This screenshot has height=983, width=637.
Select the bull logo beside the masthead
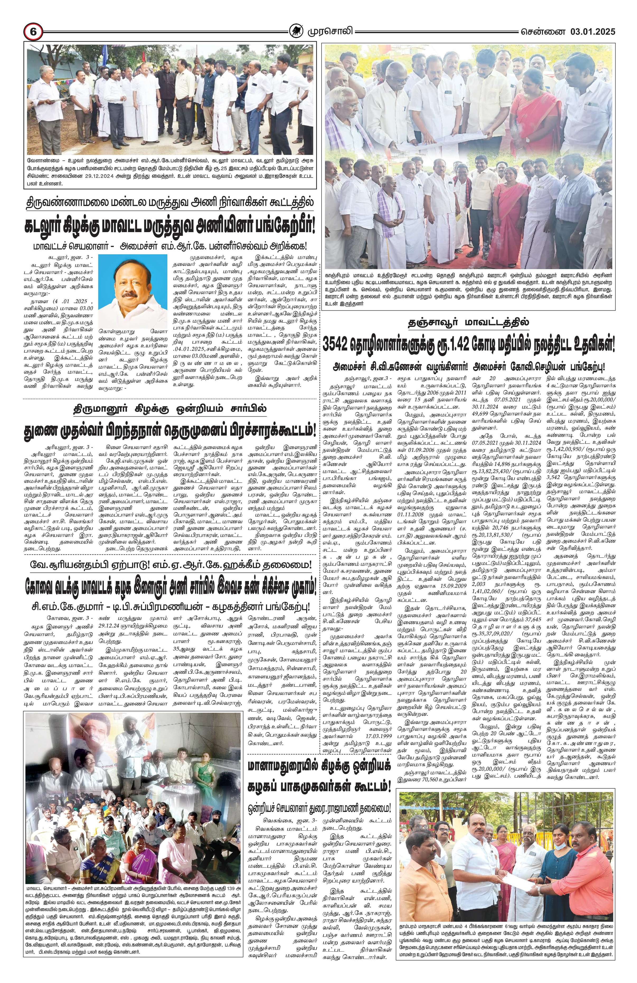coord(296,31)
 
